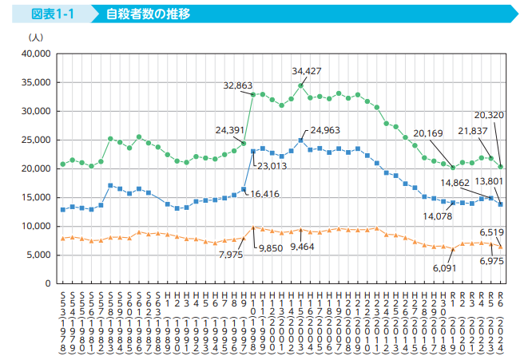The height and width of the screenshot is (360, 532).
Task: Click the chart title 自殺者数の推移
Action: (x=148, y=14)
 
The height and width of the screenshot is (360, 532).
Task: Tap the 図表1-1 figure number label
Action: (x=53, y=14)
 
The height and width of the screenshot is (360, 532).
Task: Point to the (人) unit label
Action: (x=36, y=38)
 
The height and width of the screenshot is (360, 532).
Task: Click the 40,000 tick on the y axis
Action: (x=36, y=53)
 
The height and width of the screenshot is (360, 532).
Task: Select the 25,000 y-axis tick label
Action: (x=36, y=140)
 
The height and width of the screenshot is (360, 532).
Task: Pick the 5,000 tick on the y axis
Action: (x=38, y=255)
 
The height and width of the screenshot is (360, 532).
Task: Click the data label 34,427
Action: (x=307, y=71)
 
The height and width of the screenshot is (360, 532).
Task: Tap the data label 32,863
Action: (x=238, y=85)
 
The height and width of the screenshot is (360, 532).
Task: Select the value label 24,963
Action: (x=325, y=130)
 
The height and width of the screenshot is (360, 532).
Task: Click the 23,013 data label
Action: (x=272, y=166)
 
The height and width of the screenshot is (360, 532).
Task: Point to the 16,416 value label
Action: (x=265, y=194)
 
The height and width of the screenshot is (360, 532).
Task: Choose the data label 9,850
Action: (x=271, y=248)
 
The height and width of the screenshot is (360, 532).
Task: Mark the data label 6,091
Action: (x=444, y=268)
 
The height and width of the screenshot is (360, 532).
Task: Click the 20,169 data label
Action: (x=428, y=133)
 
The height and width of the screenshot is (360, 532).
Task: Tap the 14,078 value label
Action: (x=437, y=216)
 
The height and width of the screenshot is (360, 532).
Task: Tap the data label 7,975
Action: (x=231, y=255)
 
